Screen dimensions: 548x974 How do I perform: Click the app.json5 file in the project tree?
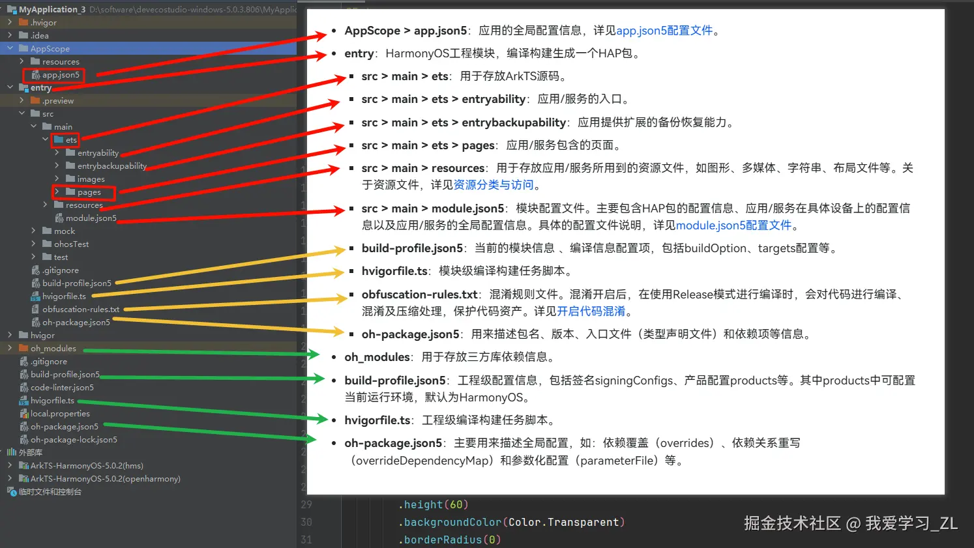click(x=61, y=75)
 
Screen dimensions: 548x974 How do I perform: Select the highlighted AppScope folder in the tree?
click(x=50, y=49)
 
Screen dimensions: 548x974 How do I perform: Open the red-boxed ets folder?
click(x=71, y=140)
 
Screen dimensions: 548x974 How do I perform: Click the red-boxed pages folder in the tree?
click(x=89, y=192)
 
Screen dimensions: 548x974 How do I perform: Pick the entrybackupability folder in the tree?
click(x=111, y=166)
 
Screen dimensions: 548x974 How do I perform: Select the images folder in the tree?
click(x=91, y=179)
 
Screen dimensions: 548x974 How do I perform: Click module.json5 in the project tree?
click(x=91, y=218)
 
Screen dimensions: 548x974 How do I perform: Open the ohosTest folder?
click(x=71, y=244)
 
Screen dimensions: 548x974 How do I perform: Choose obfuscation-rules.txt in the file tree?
click(x=80, y=310)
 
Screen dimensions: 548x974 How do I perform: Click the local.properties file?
click(x=60, y=414)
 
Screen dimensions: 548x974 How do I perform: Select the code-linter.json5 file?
click(x=62, y=388)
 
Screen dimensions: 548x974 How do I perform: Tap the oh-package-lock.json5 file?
click(x=74, y=440)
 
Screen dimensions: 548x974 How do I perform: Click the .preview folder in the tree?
click(x=58, y=101)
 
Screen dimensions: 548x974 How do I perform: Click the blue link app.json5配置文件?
click(x=664, y=31)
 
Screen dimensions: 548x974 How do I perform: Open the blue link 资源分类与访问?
click(x=494, y=185)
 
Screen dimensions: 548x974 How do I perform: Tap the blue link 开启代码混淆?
click(x=591, y=311)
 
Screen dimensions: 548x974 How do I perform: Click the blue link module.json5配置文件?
click(x=733, y=225)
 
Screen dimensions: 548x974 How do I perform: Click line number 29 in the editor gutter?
click(x=306, y=505)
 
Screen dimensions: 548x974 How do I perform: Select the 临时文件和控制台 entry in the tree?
click(x=50, y=492)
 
